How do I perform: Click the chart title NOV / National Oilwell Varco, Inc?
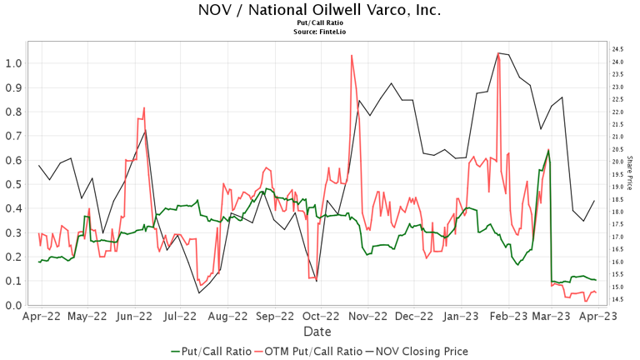tap(320, 11)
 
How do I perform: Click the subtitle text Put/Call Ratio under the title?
tap(320, 24)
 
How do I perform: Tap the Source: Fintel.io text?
tap(320, 32)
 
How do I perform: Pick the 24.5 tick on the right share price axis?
tap(618, 49)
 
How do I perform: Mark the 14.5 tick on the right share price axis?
tap(618, 300)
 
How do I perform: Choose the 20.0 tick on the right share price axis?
tap(618, 162)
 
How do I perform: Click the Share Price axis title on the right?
tap(631, 173)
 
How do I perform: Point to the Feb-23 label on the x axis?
tap(507, 317)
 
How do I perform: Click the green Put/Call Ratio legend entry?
tap(210, 352)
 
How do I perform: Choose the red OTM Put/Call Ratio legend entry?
tap(311, 352)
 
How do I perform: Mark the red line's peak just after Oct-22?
tap(352, 56)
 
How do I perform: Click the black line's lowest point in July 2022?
tap(199, 292)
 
